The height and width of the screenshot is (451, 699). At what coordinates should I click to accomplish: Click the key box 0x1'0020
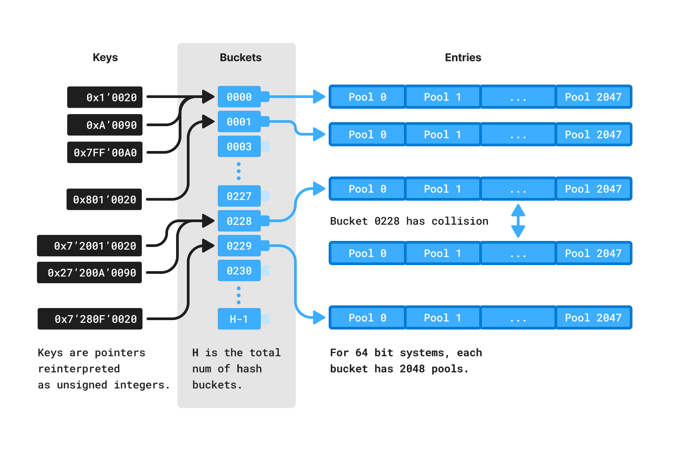click(105, 97)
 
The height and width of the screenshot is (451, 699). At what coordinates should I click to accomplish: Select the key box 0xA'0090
click(105, 125)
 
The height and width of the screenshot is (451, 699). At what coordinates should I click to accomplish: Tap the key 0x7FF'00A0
click(105, 153)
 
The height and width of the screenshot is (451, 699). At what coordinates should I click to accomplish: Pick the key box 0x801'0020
click(104, 199)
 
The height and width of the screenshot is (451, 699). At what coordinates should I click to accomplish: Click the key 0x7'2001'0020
click(89, 246)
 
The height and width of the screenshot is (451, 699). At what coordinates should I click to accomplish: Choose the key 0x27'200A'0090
click(89, 272)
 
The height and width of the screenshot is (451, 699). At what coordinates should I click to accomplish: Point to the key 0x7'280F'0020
click(90, 319)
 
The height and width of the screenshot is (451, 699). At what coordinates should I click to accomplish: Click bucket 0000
click(239, 97)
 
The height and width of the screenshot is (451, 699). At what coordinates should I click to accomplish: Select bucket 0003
click(239, 147)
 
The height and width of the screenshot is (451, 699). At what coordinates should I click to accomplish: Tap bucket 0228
click(239, 221)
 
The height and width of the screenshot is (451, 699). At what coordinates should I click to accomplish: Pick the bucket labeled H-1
click(239, 319)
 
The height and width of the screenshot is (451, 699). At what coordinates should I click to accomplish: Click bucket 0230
click(239, 271)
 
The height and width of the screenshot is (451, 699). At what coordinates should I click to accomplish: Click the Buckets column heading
click(240, 57)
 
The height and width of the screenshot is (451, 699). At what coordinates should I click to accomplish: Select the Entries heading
click(463, 57)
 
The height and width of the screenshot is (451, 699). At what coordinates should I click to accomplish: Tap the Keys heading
click(105, 57)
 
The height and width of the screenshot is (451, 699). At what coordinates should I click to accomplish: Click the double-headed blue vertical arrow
click(518, 221)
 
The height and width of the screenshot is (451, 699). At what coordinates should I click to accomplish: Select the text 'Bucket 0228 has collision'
click(409, 221)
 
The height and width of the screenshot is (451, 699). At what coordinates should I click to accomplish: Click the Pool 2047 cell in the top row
click(593, 97)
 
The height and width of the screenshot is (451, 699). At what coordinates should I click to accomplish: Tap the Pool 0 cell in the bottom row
click(367, 318)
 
